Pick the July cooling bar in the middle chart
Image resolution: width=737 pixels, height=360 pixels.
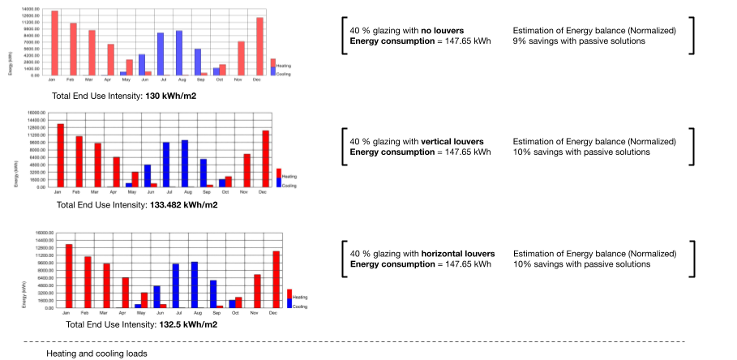pos(166,165)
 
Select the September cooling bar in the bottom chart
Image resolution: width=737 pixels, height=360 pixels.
pos(213,294)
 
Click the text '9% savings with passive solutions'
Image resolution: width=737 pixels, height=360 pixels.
pos(579,41)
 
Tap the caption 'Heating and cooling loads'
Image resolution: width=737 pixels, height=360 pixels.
pos(96,354)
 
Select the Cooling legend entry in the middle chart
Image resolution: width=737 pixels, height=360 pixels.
pos(289,186)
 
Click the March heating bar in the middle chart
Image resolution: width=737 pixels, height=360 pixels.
pos(98,165)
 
